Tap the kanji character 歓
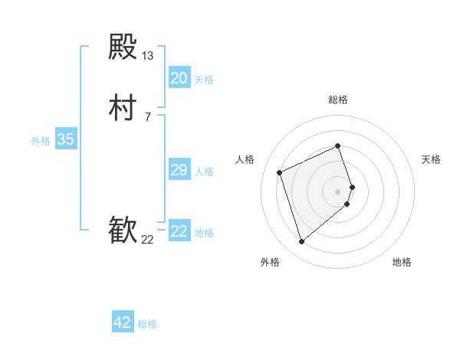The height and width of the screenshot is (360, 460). click(x=123, y=231)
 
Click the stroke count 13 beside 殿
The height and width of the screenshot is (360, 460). click(x=148, y=56)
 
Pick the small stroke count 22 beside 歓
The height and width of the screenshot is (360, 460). click(x=148, y=240)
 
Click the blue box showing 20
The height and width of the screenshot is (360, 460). click(x=179, y=78)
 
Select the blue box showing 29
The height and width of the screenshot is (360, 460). click(x=179, y=170)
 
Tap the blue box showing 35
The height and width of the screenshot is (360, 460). click(x=66, y=139)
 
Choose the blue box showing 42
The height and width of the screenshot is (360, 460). click(x=123, y=322)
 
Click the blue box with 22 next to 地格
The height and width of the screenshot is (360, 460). click(x=179, y=231)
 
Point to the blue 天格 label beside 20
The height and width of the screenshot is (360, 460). click(x=204, y=80)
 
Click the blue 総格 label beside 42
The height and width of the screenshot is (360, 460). click(x=147, y=324)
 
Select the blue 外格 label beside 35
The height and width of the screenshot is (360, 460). click(x=41, y=141)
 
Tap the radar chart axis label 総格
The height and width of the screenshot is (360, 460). click(x=338, y=100)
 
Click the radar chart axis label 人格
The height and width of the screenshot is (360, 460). click(x=245, y=159)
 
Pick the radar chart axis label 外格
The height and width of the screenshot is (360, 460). click(x=270, y=263)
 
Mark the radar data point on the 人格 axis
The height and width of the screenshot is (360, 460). click(x=281, y=172)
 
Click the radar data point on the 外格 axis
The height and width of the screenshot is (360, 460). click(x=302, y=242)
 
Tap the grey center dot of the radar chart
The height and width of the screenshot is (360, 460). click(x=338, y=191)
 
